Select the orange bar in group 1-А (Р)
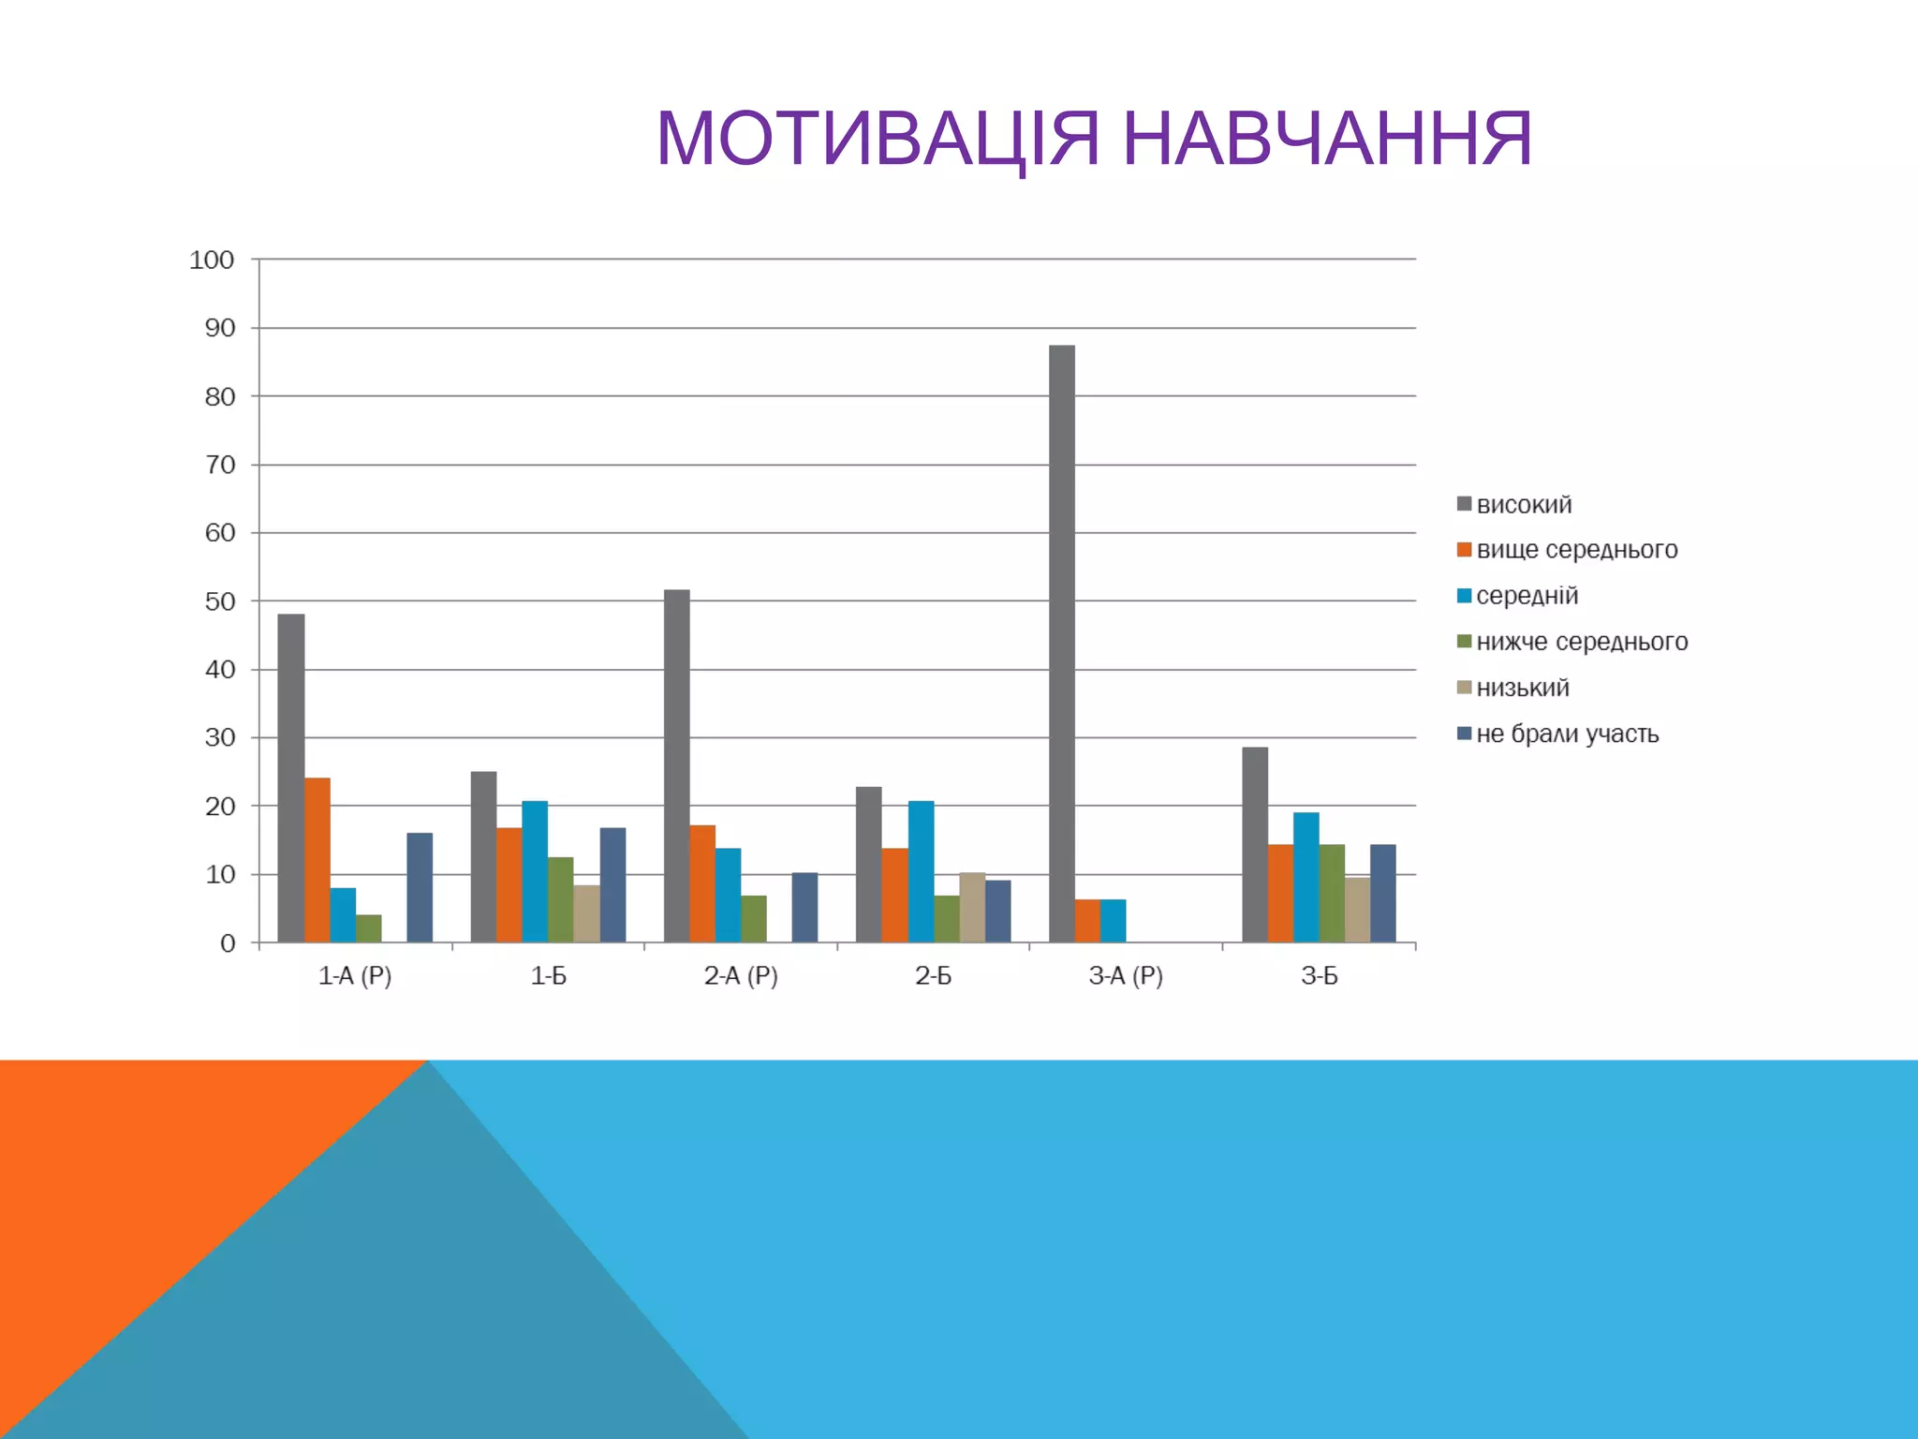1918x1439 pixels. pyautogui.click(x=317, y=860)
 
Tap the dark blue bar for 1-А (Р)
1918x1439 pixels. pyautogui.click(x=420, y=887)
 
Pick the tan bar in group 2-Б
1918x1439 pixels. pyautogui.click(x=972, y=908)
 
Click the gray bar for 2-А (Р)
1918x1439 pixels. pyautogui.click(x=676, y=765)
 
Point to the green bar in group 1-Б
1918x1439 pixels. pyautogui.click(x=560, y=899)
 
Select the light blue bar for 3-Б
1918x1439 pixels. pyautogui.click(x=1306, y=877)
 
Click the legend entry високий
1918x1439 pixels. pyautogui.click(x=1524, y=505)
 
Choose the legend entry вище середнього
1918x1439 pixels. pyautogui.click(x=1576, y=550)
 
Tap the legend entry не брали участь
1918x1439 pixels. pyautogui.click(x=1567, y=734)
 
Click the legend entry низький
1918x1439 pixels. pyautogui.click(x=1522, y=688)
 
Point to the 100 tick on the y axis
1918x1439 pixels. pyautogui.click(x=212, y=260)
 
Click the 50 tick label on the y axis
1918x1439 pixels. pyautogui.click(x=220, y=601)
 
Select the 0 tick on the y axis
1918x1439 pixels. pyautogui.click(x=228, y=943)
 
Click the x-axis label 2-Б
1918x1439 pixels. pyautogui.click(x=933, y=976)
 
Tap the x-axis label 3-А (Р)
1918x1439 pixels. pyautogui.click(x=1126, y=976)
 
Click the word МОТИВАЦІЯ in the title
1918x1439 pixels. pyautogui.click(x=878, y=139)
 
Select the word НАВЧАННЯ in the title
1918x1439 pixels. pyautogui.click(x=1327, y=139)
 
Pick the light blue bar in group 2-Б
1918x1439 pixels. pyautogui.click(x=921, y=871)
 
